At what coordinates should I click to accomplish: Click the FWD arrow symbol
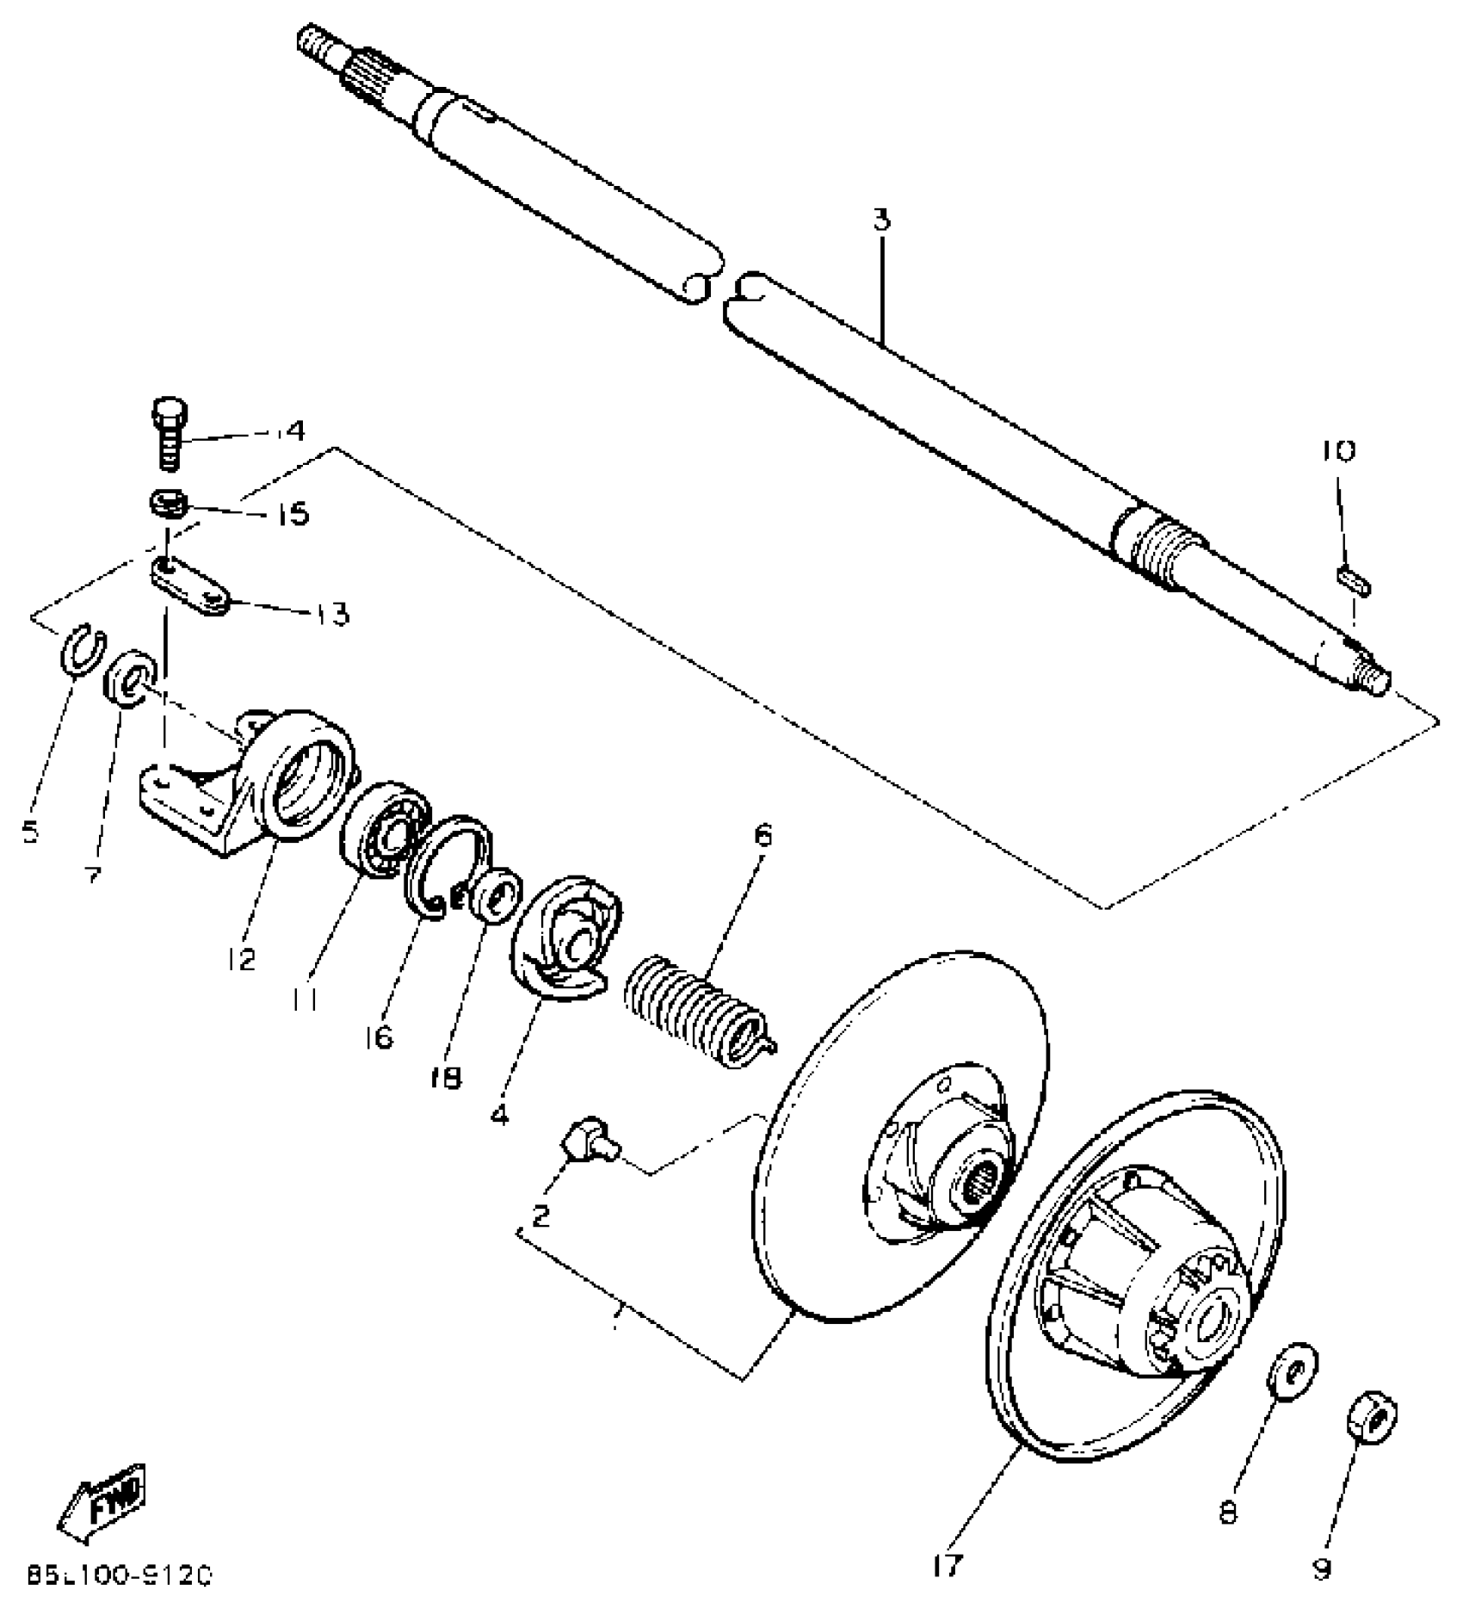tap(102, 1499)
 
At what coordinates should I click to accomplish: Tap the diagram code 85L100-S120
tap(118, 1577)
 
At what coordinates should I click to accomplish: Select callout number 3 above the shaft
tap(880, 220)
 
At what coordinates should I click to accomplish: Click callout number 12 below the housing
tap(243, 958)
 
